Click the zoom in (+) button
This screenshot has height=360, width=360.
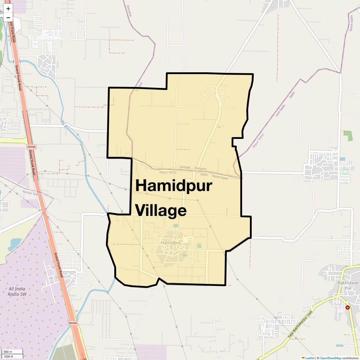[8, 8]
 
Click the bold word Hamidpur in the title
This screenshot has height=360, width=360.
[174, 186]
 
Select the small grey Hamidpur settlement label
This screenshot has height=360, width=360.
[171, 242]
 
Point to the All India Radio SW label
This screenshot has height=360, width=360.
[17, 291]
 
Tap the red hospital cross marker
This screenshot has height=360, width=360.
[347, 307]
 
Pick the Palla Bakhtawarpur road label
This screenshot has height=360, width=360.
[300, 325]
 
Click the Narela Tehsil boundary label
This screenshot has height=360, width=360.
[31, 193]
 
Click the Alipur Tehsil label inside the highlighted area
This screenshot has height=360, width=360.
[168, 172]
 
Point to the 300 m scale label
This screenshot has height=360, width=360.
[8, 352]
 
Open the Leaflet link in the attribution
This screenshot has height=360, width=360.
[310, 358]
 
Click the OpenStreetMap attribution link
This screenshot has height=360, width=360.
[330, 358]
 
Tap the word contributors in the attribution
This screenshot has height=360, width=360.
[350, 358]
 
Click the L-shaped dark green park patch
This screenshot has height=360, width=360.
[348, 136]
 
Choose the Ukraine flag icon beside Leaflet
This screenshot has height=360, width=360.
[303, 358]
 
